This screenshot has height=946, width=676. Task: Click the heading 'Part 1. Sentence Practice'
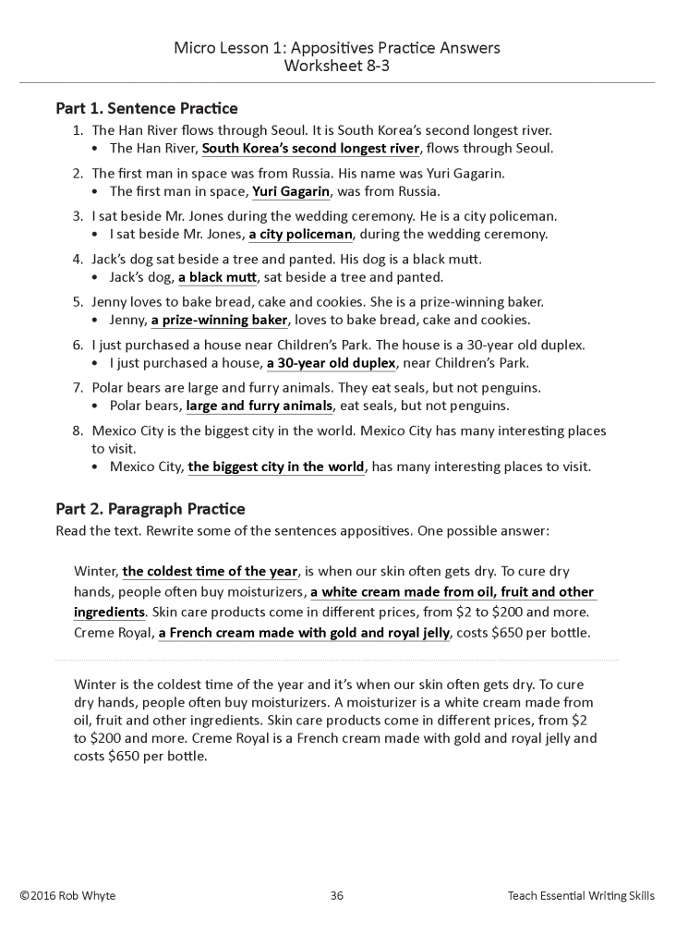click(147, 109)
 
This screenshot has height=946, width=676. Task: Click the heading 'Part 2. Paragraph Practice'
click(151, 509)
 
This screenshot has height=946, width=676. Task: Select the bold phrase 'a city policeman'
click(301, 235)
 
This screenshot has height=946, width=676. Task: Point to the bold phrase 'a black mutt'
click(218, 277)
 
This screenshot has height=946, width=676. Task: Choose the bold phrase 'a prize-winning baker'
click(220, 320)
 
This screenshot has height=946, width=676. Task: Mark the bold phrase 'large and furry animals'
click(259, 406)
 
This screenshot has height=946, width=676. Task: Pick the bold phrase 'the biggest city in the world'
click(276, 467)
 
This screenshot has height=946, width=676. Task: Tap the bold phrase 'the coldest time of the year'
click(210, 571)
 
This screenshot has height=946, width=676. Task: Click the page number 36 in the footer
click(337, 896)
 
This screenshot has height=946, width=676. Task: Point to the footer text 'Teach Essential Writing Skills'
click(581, 896)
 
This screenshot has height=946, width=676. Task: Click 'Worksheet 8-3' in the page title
click(337, 66)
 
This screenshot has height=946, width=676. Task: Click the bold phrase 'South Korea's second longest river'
click(311, 149)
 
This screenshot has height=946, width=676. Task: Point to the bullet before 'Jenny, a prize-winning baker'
click(98, 321)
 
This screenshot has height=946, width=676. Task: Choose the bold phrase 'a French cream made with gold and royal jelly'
click(304, 633)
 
